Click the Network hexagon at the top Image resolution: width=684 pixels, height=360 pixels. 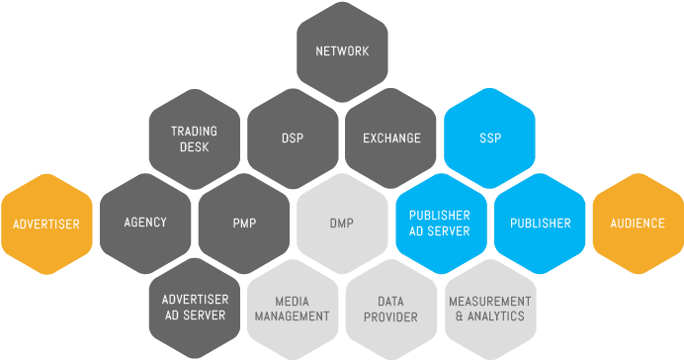click(341, 51)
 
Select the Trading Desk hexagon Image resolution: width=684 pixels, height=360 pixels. click(194, 138)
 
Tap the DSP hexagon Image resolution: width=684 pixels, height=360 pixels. click(293, 138)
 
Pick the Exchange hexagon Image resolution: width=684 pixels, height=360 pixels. click(391, 138)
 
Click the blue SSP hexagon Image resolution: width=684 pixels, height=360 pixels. click(490, 138)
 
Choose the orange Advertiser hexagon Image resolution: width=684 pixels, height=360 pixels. click(46, 224)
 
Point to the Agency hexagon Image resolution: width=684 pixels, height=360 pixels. click(145, 223)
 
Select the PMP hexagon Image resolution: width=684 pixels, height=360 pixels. click(243, 224)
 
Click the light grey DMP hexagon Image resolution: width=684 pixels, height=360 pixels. click(342, 224)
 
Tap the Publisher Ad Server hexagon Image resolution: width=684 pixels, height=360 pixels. click(440, 224)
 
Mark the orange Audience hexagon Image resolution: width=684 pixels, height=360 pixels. click(638, 224)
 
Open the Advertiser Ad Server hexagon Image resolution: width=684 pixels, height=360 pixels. click(195, 308)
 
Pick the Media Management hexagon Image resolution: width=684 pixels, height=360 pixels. click(293, 309)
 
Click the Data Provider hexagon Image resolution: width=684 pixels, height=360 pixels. click(390, 309)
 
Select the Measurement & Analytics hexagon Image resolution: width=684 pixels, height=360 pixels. click(490, 309)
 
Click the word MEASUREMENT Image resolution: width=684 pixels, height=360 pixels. click(490, 301)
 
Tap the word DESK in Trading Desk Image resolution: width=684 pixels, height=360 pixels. click(194, 147)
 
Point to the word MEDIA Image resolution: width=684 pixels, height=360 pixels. click(293, 301)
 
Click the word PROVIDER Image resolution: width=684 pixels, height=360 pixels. click(390, 316)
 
